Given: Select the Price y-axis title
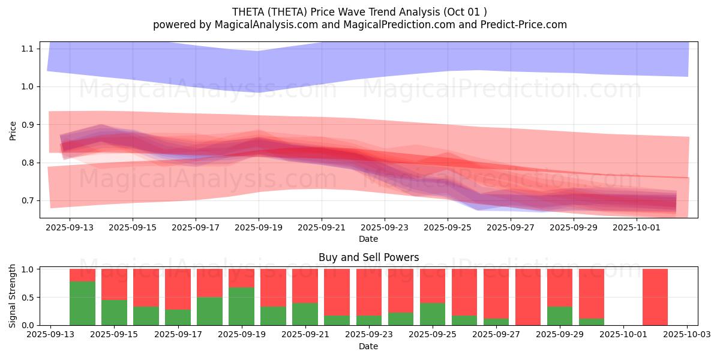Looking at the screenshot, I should [x=13, y=130].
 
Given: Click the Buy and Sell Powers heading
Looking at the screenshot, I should [x=368, y=258].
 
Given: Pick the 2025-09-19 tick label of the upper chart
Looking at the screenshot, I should [x=259, y=228].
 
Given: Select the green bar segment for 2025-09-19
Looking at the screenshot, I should [x=242, y=306].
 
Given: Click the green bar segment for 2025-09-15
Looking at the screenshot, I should [x=114, y=313].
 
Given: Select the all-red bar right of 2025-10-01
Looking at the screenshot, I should [x=655, y=297].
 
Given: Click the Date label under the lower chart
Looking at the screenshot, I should [x=368, y=346].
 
